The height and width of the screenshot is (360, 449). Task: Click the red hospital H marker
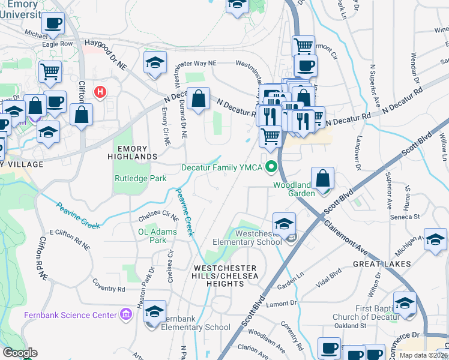[100, 92]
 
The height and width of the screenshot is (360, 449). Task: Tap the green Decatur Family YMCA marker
[271, 167]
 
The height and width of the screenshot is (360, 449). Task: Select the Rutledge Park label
[140, 178]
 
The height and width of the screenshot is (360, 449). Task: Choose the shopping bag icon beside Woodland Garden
[323, 179]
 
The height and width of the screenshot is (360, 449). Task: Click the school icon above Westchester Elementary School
[284, 224]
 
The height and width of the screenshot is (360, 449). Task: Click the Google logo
[19, 353]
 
